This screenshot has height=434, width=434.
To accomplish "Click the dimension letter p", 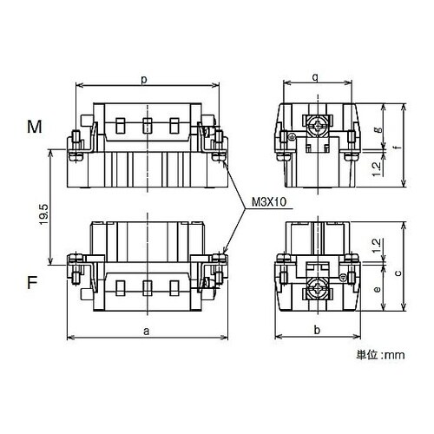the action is tap(144, 80).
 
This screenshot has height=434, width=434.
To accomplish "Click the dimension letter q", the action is tap(316, 77).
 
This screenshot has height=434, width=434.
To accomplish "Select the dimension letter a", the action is tap(147, 331).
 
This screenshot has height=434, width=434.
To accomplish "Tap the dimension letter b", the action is tap(317, 330).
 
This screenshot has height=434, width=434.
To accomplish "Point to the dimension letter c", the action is tap(398, 273).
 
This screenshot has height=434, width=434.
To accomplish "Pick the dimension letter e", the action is tap(377, 289).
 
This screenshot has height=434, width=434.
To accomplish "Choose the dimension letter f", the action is tap(398, 147).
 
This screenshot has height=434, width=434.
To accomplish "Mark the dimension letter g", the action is tap(378, 130).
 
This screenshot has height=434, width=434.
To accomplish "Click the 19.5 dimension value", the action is tap(43, 214).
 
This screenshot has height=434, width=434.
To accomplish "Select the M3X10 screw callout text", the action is tap(269, 202).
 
